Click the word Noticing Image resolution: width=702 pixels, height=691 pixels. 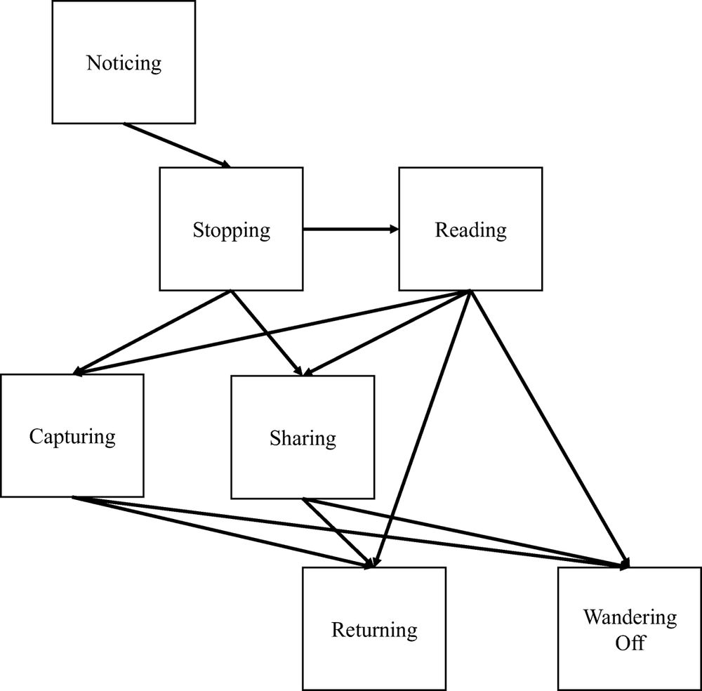click(x=124, y=63)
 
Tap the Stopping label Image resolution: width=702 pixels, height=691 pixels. click(x=231, y=230)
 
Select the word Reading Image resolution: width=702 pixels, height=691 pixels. click(x=470, y=230)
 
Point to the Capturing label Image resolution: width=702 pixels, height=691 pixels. click(x=72, y=436)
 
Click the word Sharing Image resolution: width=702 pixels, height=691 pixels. click(x=303, y=439)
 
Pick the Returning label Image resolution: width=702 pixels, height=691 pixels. click(x=374, y=630)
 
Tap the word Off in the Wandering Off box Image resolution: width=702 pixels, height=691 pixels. click(x=630, y=642)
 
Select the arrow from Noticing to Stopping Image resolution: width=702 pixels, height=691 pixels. click(x=177, y=145)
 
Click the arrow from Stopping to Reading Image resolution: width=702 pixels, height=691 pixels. click(x=351, y=229)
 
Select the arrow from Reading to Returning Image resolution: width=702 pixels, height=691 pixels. click(x=421, y=428)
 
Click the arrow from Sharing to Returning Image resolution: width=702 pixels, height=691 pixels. click(x=337, y=532)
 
